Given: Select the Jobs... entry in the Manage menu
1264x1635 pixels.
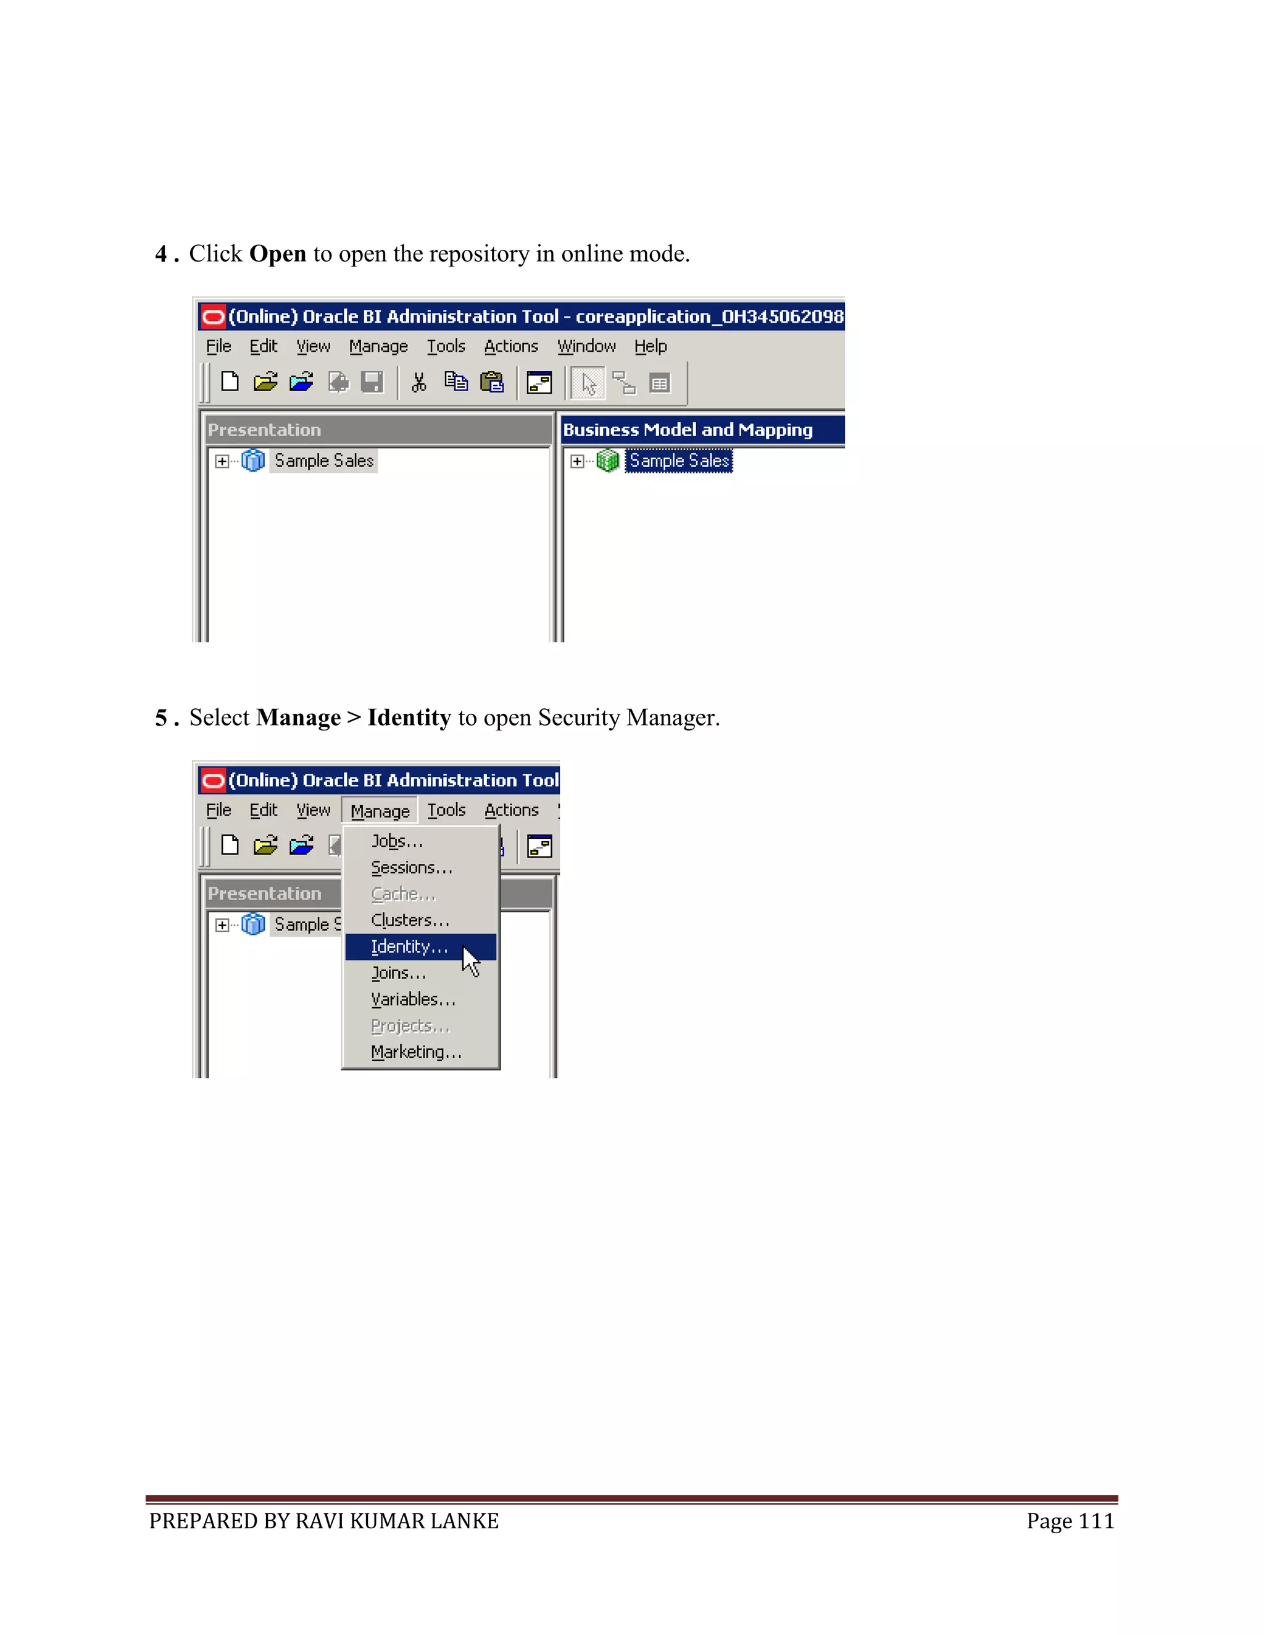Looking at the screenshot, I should pyautogui.click(x=397, y=842).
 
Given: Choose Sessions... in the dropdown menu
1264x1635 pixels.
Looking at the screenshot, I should pyautogui.click(x=411, y=867).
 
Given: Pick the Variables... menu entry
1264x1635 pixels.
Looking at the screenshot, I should pyautogui.click(x=413, y=1000).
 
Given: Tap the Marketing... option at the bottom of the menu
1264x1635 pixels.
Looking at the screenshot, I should pyautogui.click(x=417, y=1052).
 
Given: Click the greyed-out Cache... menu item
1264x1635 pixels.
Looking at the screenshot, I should pyautogui.click(x=403, y=894).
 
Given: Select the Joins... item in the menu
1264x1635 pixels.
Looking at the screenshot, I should pyautogui.click(x=398, y=973).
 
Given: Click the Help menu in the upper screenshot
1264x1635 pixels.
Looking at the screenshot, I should pyautogui.click(x=650, y=347).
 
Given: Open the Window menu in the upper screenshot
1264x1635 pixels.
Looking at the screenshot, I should pyautogui.click(x=586, y=347).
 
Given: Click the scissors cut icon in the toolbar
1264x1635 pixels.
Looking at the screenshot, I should pyautogui.click(x=418, y=383).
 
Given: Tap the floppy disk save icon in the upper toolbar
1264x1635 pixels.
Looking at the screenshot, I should pyautogui.click(x=372, y=383).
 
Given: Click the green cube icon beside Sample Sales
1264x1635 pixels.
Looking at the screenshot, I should pyautogui.click(x=607, y=461).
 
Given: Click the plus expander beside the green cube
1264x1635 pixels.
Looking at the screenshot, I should pyautogui.click(x=576, y=461).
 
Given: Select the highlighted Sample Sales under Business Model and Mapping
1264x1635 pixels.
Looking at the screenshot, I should pyautogui.click(x=678, y=461).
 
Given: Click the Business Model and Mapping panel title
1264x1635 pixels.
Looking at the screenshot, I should pyautogui.click(x=687, y=429).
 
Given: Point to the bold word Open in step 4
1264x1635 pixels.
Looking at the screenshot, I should pyautogui.click(x=277, y=254).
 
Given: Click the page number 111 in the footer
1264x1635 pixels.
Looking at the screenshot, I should pyautogui.click(x=1096, y=1521).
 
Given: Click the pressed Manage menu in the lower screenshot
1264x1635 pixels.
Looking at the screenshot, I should pyautogui.click(x=380, y=811).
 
